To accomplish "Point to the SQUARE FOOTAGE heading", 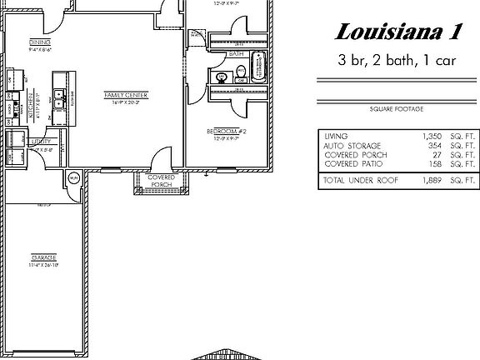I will point(396,108).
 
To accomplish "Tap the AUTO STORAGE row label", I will point(345,145).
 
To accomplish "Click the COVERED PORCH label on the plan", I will point(161,181).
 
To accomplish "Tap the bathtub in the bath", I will point(257,67).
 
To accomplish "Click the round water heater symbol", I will point(73,177).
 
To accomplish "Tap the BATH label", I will point(236,55).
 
